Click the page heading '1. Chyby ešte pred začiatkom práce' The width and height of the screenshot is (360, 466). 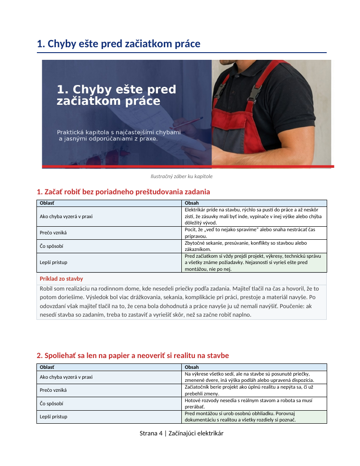pos(118,44)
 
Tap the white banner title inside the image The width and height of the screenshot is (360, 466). pos(116,95)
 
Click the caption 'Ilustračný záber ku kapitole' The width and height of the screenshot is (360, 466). pos(181,176)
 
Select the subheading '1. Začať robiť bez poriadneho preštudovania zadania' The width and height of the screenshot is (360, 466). pos(123,192)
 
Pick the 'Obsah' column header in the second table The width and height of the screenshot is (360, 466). pos(192,367)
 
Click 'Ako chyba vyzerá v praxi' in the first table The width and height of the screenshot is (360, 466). pos(66,216)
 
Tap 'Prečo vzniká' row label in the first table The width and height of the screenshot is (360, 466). pos(53,233)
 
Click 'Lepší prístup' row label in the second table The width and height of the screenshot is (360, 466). pos(53,417)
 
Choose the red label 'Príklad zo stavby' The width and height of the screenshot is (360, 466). pos(61,279)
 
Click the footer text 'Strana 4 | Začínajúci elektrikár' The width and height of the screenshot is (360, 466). pos(181,434)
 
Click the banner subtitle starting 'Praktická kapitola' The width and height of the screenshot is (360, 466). pos(119,135)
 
